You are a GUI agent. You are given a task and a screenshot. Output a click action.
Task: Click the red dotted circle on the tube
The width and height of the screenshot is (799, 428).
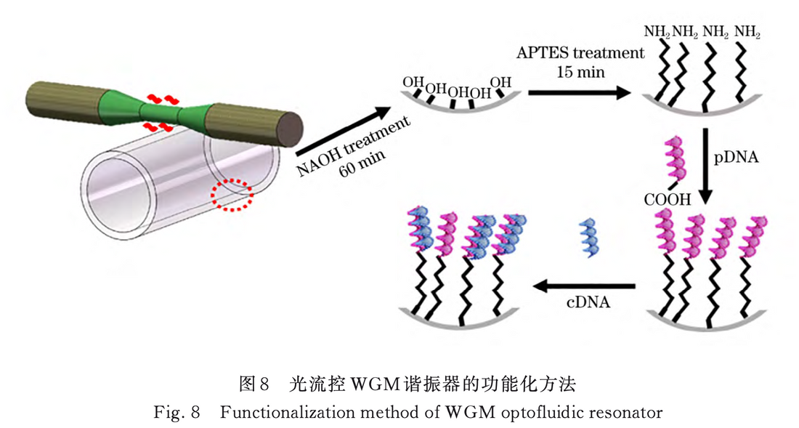(232, 195)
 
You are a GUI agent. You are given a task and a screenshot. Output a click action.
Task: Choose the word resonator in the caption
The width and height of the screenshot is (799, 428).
(628, 413)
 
